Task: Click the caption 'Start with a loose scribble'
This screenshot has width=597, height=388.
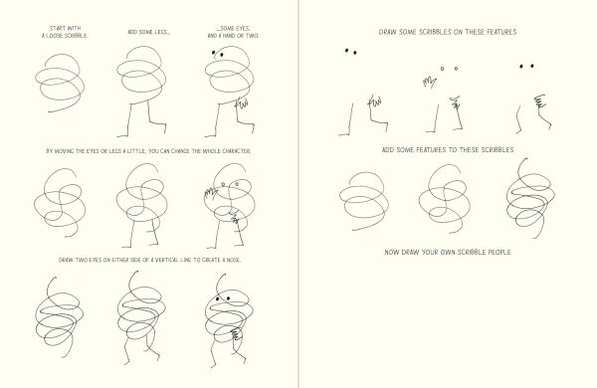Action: pyautogui.click(x=65, y=32)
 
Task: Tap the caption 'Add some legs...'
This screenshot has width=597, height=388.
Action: pyautogui.click(x=149, y=33)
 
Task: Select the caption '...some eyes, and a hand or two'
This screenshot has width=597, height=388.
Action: pyautogui.click(x=233, y=32)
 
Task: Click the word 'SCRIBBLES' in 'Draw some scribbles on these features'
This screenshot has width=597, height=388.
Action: pyautogui.click(x=436, y=32)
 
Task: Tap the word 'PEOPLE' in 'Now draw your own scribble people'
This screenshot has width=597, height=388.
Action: pyautogui.click(x=499, y=252)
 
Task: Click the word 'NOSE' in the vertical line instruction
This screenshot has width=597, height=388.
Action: pyautogui.click(x=234, y=260)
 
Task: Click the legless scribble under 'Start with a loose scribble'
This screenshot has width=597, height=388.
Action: pyautogui.click(x=60, y=83)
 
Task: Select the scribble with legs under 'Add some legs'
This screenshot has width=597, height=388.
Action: pyautogui.click(x=141, y=91)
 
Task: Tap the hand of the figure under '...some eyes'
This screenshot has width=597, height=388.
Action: pyautogui.click(x=242, y=102)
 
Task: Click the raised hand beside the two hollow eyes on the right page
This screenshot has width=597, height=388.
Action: pyautogui.click(x=429, y=82)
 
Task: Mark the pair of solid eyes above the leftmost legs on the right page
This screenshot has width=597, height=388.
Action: pyautogui.click(x=350, y=52)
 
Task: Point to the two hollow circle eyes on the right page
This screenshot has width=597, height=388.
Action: pyautogui.click(x=449, y=69)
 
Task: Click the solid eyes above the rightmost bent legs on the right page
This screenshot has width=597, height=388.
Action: pyautogui.click(x=526, y=67)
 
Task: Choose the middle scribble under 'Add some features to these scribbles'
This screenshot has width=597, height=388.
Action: pyautogui.click(x=444, y=198)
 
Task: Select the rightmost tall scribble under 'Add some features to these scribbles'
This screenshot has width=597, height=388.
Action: pyautogui.click(x=530, y=198)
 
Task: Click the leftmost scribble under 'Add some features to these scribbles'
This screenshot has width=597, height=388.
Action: pyautogui.click(x=364, y=201)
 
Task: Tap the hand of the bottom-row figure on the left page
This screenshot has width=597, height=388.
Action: pyautogui.click(x=236, y=334)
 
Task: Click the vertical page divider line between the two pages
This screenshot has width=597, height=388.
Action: pyautogui.click(x=298, y=194)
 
